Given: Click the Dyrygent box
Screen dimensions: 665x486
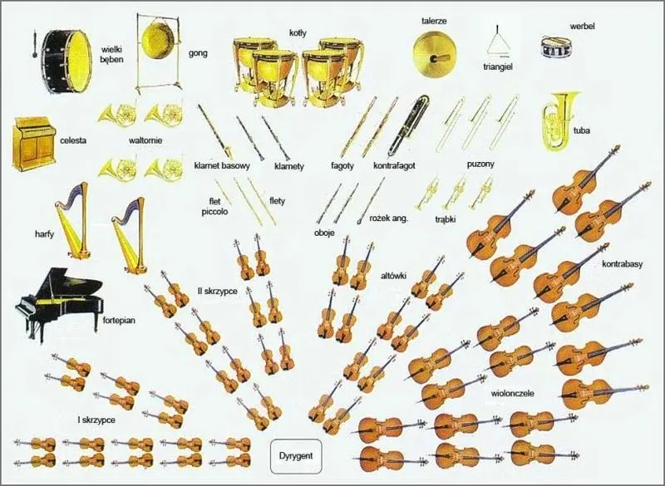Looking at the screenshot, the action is coord(296,456).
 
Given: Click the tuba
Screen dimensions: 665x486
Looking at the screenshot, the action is coord(559,121).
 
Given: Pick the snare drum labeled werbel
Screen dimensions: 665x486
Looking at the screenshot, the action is coord(557,47).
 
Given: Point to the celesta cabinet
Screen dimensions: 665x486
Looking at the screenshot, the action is coord(33,144).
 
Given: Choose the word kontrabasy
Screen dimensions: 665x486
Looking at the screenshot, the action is coord(622,264).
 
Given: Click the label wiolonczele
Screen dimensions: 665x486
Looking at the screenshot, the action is coord(512,393).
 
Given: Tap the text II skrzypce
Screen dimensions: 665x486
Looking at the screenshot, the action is coord(217,292).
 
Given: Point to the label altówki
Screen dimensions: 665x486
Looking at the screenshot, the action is coord(393,277).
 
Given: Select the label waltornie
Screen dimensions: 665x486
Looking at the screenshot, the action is coord(145,140).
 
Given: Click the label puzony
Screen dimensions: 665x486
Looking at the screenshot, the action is coord(480,164).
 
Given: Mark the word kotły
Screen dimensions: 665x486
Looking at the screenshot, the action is coord(298,32).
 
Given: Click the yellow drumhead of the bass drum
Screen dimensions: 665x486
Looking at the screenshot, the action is coord(77,61).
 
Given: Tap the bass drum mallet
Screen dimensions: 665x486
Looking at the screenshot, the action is coord(34,45).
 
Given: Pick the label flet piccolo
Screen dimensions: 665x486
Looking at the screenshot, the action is coord(214,206).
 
